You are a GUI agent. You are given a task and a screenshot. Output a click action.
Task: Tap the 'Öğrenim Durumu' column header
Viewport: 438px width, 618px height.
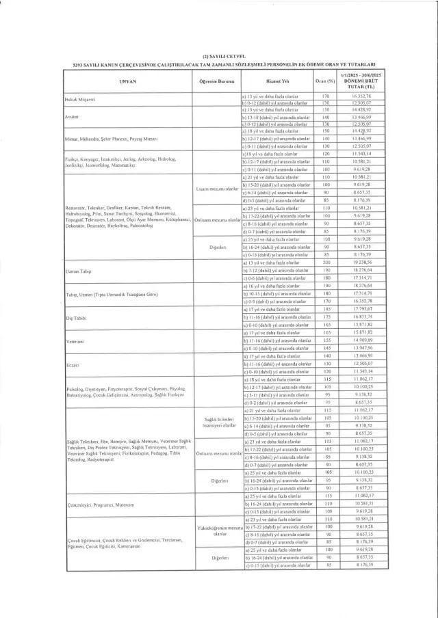click(216, 80)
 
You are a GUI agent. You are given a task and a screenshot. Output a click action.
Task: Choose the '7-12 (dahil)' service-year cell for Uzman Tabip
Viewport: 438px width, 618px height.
click(276, 271)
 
